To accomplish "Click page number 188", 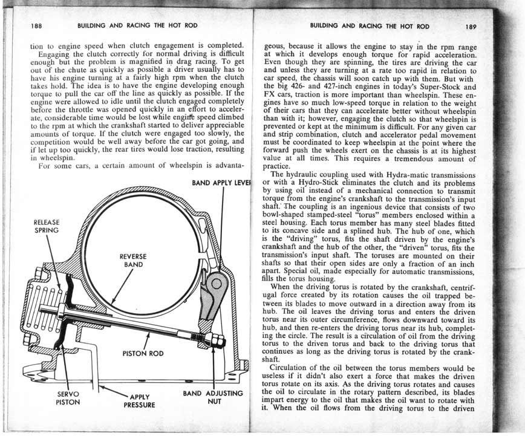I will coord(36,27).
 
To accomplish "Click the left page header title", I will coord(137,27).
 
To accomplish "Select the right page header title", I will coord(369,27).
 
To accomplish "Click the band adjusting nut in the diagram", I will coord(216,342).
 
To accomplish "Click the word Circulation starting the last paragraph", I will coord(296,367).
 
